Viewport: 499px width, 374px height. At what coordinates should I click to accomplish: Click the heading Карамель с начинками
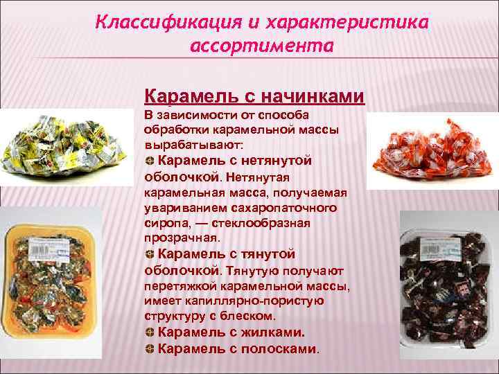pyautogui.click(x=254, y=95)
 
